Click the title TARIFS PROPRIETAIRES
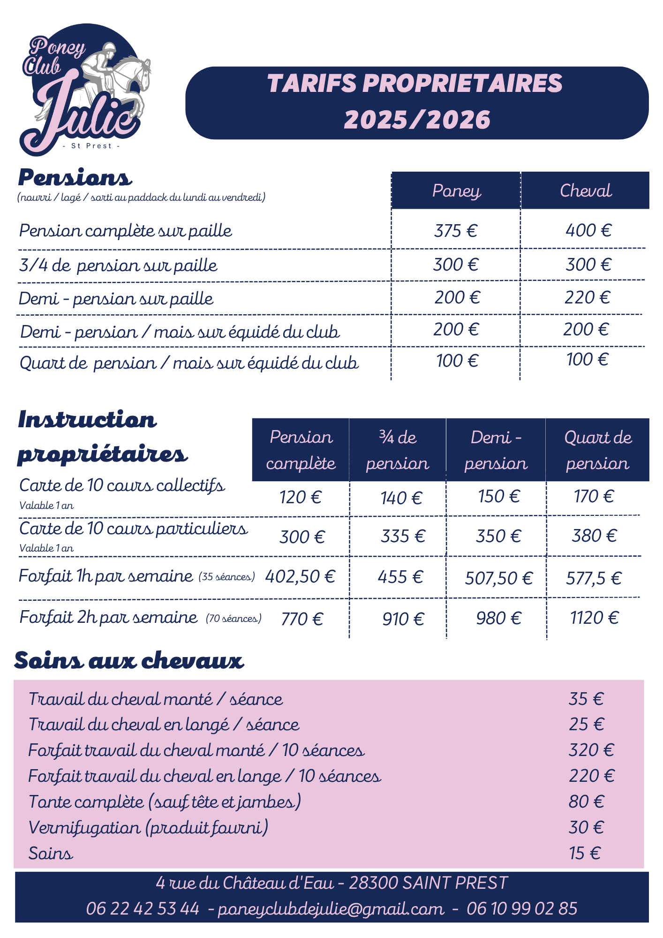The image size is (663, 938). pyautogui.click(x=415, y=83)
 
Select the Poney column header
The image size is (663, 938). pyautogui.click(x=456, y=190)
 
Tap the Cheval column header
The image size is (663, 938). pyautogui.click(x=586, y=190)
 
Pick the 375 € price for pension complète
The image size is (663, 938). pyautogui.click(x=456, y=231)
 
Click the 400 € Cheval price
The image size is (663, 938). pyautogui.click(x=588, y=230)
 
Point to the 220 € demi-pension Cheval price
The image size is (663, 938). pyautogui.click(x=587, y=297)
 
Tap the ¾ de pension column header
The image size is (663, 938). pyautogui.click(x=397, y=450)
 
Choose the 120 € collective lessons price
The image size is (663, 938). pyautogui.click(x=301, y=497)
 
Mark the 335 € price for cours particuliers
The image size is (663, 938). pyautogui.click(x=403, y=536)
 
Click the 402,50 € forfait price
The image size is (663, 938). pyautogui.click(x=300, y=576)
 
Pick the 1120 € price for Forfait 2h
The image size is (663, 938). pyautogui.click(x=594, y=618)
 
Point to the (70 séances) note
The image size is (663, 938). pyautogui.click(x=234, y=619)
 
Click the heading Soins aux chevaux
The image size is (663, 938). pyautogui.click(x=129, y=660)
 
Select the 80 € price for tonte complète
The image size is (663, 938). pyautogui.click(x=586, y=802)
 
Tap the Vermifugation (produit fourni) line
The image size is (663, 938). pyautogui.click(x=148, y=827)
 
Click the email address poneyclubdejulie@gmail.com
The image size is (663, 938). pyautogui.click(x=331, y=909)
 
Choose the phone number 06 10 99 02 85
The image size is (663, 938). pyautogui.click(x=522, y=909)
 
